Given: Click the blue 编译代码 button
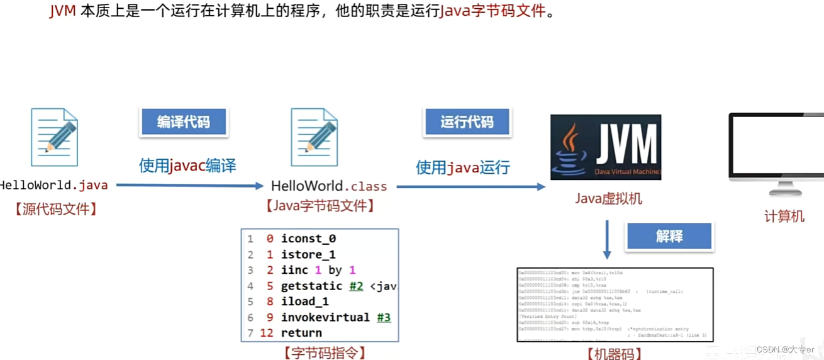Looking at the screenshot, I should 183,122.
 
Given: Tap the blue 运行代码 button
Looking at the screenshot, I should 467,122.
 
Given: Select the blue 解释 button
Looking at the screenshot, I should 669,237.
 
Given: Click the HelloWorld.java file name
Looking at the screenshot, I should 54,186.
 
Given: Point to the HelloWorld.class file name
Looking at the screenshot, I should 329,186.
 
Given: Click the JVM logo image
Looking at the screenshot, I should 606,147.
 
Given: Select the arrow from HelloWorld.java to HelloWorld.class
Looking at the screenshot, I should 189,186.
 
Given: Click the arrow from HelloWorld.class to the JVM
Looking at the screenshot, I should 470,187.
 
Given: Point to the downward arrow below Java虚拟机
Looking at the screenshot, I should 607,240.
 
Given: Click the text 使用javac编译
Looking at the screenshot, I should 187,166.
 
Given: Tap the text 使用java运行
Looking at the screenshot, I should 462,167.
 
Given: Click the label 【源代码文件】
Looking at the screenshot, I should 55,209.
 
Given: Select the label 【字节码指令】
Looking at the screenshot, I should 321,352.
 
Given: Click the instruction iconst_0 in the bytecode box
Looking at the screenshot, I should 308,239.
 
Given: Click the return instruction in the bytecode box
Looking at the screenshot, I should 301,333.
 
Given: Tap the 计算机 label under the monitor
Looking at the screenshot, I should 784,217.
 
